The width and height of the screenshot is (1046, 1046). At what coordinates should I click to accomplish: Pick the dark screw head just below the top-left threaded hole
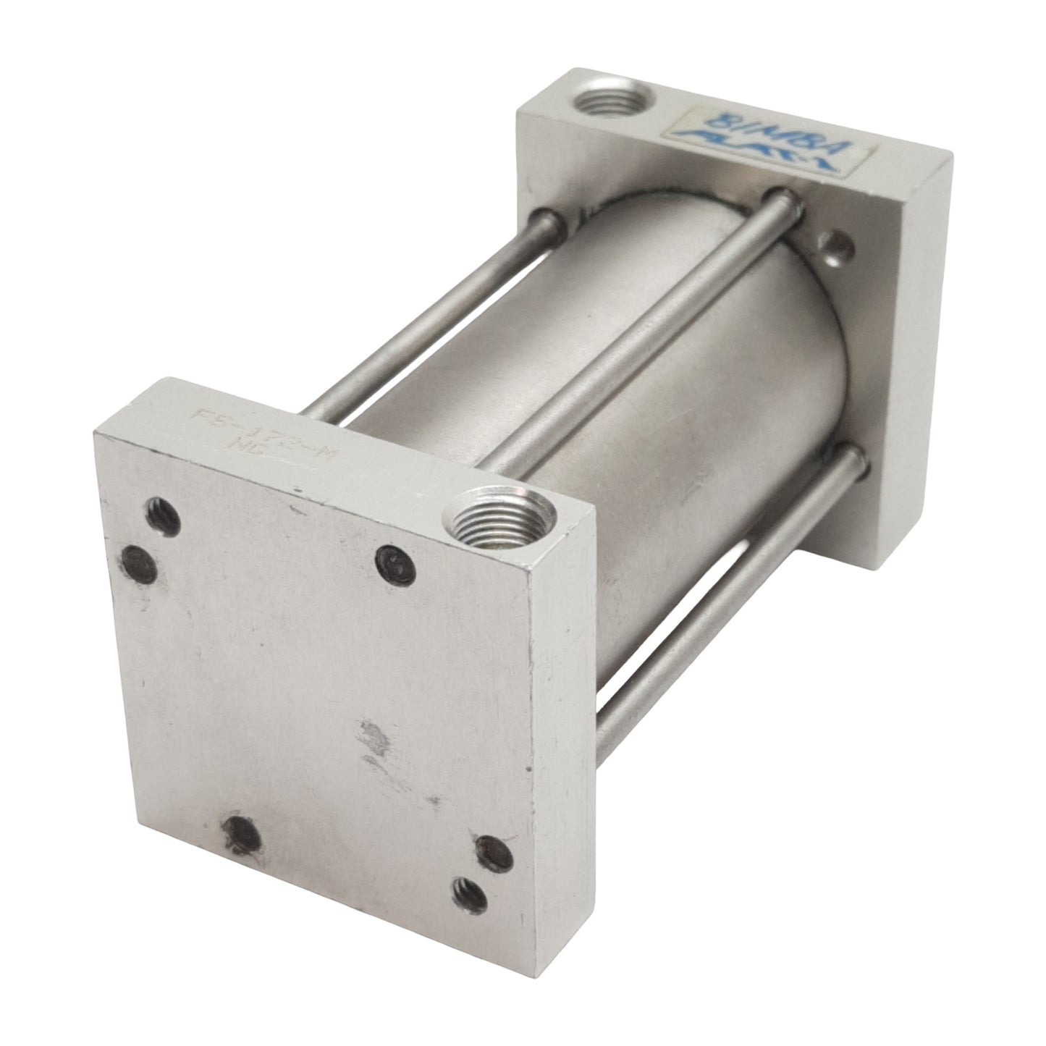140,562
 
